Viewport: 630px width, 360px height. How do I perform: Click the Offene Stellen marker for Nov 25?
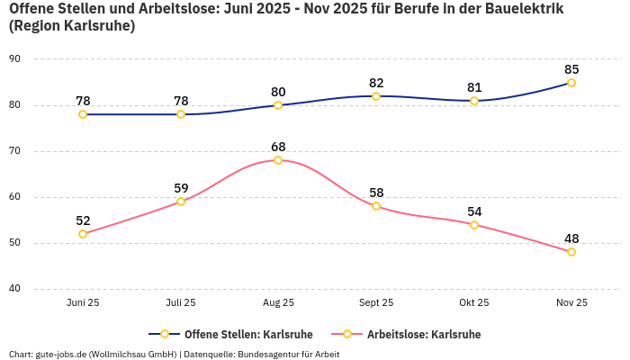[571, 83]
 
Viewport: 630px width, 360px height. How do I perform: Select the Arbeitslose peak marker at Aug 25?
[278, 160]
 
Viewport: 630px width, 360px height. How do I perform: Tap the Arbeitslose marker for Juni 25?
[83, 234]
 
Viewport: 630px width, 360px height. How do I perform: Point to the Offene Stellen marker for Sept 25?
[376, 96]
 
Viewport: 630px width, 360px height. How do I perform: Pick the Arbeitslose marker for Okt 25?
[474, 225]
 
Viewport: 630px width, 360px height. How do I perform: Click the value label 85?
[571, 69]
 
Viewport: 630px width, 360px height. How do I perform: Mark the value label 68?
[278, 147]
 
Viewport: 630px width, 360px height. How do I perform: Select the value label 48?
[571, 238]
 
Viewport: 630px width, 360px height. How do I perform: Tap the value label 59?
[181, 188]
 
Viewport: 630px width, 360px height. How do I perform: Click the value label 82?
[376, 83]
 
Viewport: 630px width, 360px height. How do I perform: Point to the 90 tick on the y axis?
[14, 59]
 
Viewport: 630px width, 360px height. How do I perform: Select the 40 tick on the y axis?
[14, 289]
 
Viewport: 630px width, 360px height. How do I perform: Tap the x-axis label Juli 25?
[181, 303]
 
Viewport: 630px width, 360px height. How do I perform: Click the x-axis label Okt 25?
[474, 303]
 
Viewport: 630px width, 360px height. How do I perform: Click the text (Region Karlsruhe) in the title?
[72, 26]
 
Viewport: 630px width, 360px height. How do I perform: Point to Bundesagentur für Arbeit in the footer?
[288, 354]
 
